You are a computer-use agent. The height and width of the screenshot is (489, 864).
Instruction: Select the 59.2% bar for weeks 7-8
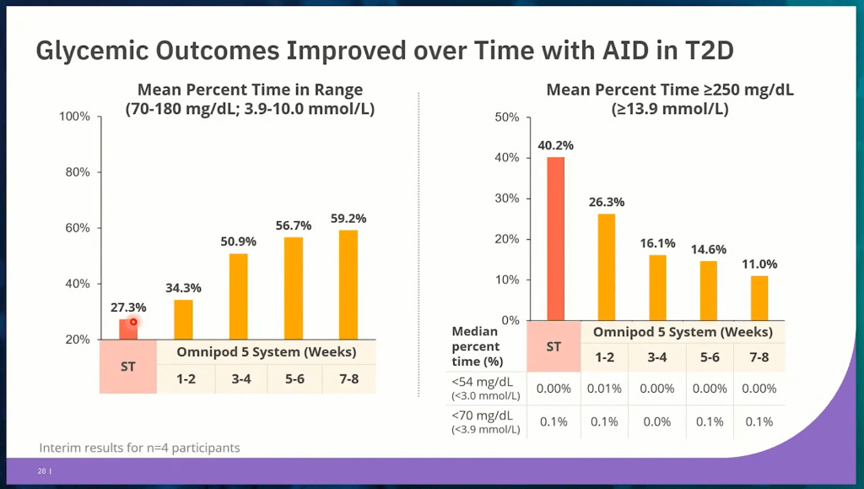pyautogui.click(x=348, y=285)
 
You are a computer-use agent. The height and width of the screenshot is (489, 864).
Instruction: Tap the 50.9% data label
pyautogui.click(x=238, y=242)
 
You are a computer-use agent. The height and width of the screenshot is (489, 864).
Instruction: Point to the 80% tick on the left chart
pyautogui.click(x=76, y=172)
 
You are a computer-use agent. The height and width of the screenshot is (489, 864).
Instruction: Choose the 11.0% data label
pyautogui.click(x=759, y=264)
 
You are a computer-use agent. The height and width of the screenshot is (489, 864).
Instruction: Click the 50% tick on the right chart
pyautogui.click(x=505, y=117)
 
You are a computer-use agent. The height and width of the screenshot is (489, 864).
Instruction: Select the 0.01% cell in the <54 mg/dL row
pyautogui.click(x=604, y=388)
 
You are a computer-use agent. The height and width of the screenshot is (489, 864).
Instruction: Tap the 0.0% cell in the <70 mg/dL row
pyautogui.click(x=658, y=421)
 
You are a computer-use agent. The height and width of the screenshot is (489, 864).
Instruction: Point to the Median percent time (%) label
pyautogui.click(x=476, y=346)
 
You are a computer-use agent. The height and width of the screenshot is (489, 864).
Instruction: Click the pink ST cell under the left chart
pyautogui.click(x=128, y=367)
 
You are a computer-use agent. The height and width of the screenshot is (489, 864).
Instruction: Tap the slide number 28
pyautogui.click(x=41, y=471)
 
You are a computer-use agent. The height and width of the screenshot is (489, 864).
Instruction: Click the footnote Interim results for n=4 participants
pyautogui.click(x=139, y=448)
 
